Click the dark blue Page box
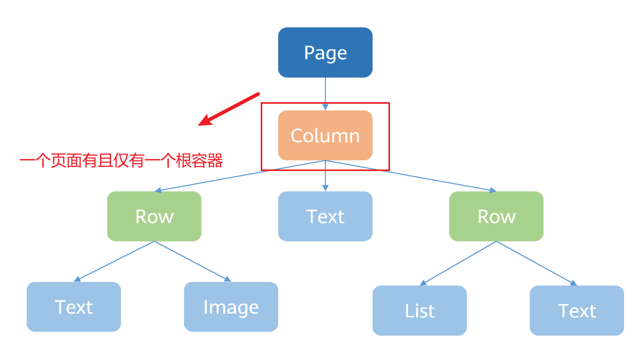[x=325, y=52]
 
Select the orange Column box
[x=325, y=136]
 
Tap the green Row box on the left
[x=154, y=216]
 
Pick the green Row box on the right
[x=496, y=216]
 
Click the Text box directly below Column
[x=325, y=216]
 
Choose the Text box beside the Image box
[x=73, y=307]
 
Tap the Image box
[x=231, y=307]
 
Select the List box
[x=419, y=311]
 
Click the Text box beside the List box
[x=576, y=311]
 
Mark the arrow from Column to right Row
[x=411, y=176]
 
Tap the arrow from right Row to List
[x=458, y=263]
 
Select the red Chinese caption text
[x=121, y=161]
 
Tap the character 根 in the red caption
[x=183, y=161]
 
